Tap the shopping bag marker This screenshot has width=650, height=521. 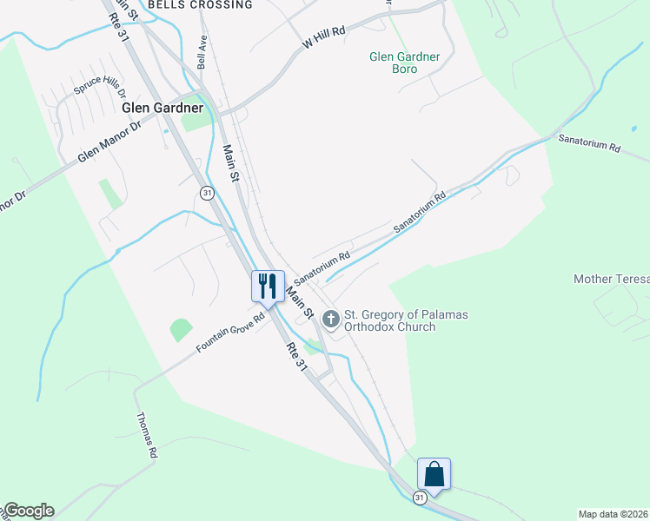point(434,473)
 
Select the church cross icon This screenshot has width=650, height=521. point(330,320)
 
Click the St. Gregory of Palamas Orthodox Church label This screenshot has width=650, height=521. point(406,320)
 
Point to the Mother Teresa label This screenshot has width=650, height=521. point(611,279)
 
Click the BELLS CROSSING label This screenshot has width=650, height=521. point(200,5)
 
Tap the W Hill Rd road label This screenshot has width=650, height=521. point(324,36)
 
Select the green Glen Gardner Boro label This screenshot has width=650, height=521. point(405,63)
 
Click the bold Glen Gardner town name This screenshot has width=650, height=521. point(162,108)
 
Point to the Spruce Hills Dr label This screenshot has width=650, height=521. point(100,85)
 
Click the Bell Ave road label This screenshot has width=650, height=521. point(202,52)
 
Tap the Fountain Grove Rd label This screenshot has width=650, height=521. point(229,333)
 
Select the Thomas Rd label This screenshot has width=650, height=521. point(146,434)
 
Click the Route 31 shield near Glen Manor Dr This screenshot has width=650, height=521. point(207,193)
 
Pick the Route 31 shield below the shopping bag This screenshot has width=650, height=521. point(420,498)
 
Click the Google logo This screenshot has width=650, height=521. point(29,511)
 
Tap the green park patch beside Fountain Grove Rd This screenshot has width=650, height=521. point(181,330)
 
